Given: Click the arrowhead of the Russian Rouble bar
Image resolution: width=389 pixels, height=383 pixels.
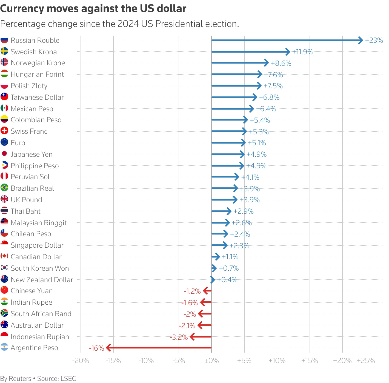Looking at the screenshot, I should (x=361, y=40).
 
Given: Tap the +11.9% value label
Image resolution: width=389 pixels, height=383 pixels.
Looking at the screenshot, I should (x=302, y=52).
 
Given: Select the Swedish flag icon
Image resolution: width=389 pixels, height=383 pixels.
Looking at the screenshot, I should (x=4, y=51).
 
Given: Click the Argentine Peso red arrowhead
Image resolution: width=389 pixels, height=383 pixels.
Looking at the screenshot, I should (x=108, y=348).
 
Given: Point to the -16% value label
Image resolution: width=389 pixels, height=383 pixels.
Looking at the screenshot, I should (x=96, y=348).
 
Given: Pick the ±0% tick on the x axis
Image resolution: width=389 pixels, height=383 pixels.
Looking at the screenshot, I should (x=211, y=361).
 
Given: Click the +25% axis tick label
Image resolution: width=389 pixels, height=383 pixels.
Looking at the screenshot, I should (x=366, y=361).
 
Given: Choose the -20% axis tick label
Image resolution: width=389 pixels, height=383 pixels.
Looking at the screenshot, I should (x=81, y=361).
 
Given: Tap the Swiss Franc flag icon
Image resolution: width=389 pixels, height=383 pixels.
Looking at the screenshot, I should (x=4, y=131).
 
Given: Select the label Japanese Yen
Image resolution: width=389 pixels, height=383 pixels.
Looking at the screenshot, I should (x=32, y=154).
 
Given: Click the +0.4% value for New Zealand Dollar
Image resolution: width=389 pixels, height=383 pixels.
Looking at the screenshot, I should (x=227, y=280).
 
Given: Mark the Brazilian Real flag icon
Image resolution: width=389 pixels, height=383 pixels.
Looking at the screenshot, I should (x=4, y=188).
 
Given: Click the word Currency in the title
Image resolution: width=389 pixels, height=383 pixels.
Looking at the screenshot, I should (x=22, y=9).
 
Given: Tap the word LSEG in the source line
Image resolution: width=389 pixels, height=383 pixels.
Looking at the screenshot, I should (x=68, y=379).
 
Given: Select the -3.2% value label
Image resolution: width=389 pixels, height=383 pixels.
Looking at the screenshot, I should (x=179, y=337).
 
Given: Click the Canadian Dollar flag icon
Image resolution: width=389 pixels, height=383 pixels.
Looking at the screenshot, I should (x=4, y=256).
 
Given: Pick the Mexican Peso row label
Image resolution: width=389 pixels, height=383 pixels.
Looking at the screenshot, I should (x=32, y=109).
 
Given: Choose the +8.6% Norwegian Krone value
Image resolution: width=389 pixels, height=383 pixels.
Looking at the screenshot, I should (x=281, y=63).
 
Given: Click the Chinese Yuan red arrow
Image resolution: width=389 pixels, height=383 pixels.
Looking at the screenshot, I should (x=207, y=291).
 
